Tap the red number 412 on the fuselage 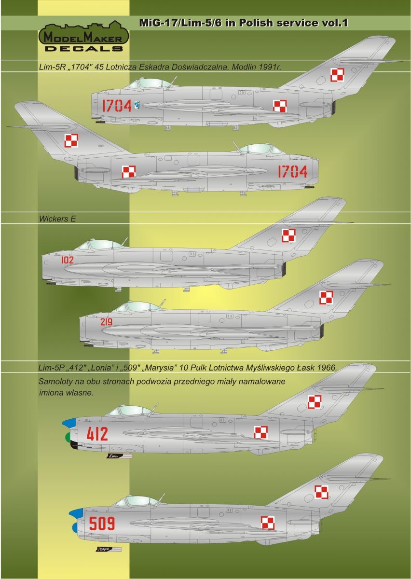coord(97,434)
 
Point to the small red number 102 coord(68,260)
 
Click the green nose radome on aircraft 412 coord(68,438)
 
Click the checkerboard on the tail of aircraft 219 coord(327,297)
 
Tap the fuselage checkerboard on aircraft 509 coord(268,523)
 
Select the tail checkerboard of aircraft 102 coord(288,235)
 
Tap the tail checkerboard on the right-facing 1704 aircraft coord(71,140)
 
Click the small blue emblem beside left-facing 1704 coord(138,103)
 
